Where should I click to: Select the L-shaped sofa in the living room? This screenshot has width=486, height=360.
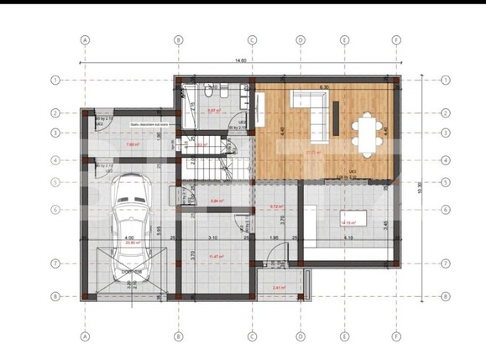click(x=308, y=111)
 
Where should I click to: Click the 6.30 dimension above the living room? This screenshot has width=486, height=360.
click(x=325, y=86)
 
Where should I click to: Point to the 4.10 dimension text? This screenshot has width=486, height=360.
click(x=348, y=237)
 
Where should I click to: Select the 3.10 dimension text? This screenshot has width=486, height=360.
click(x=213, y=237)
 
